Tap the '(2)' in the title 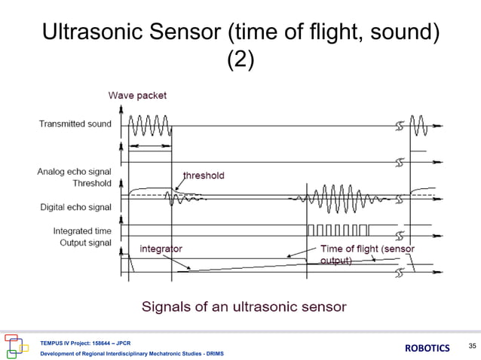point(240,59)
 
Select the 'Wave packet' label point(137,96)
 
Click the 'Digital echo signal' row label point(75,206)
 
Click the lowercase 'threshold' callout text point(203,175)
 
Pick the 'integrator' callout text point(161,248)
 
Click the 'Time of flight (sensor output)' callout point(367,254)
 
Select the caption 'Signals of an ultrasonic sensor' point(244,306)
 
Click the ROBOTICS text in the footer point(427,347)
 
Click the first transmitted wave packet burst point(149,123)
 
